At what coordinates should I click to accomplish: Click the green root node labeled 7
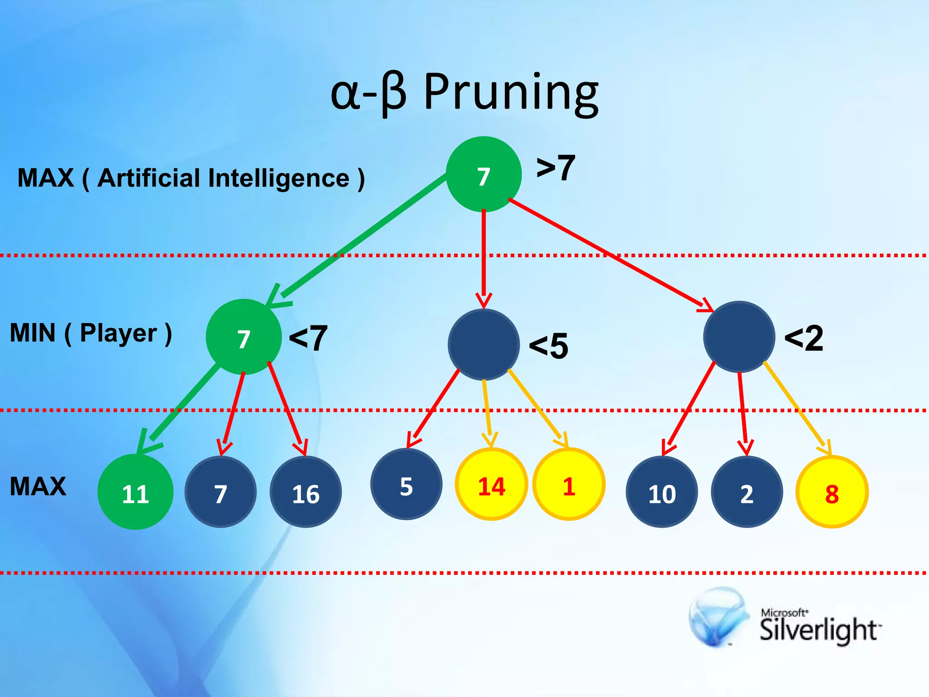(x=484, y=174)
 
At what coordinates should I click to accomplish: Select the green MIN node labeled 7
(x=244, y=337)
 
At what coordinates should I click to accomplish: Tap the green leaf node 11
(x=135, y=492)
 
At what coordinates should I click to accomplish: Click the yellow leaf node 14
(x=491, y=485)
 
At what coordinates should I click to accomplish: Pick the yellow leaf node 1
(x=568, y=485)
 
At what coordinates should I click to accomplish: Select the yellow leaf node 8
(x=831, y=492)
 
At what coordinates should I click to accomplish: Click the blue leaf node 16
(x=305, y=492)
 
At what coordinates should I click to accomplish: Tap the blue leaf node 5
(x=406, y=485)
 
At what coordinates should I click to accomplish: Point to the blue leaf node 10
(x=661, y=492)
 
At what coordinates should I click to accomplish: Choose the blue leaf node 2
(x=747, y=492)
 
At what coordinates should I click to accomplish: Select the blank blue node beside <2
(x=739, y=337)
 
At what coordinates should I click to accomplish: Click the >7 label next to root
(x=556, y=168)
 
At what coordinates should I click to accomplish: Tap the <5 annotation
(x=548, y=346)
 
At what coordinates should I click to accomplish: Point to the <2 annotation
(x=803, y=338)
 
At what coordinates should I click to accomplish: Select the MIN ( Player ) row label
(x=91, y=334)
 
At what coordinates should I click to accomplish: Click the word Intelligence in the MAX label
(x=279, y=178)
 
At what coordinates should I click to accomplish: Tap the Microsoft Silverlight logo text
(x=819, y=628)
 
